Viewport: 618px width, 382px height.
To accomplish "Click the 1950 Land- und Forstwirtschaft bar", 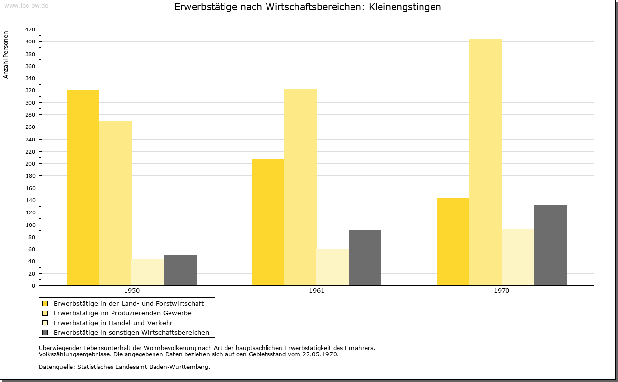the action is tap(83, 188).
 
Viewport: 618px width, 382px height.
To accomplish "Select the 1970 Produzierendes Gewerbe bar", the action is tap(486, 162).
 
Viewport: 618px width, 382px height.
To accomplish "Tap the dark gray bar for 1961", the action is tap(365, 258).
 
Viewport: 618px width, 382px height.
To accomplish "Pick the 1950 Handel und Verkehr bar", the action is tap(148, 272).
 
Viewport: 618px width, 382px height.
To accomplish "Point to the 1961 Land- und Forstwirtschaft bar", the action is tap(267, 222).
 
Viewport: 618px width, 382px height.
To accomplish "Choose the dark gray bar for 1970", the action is tap(550, 245).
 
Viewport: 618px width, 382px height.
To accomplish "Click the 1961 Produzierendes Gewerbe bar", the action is tap(300, 187).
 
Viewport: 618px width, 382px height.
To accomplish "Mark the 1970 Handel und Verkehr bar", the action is tap(518, 257).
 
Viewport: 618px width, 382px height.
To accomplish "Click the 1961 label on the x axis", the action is tap(317, 291).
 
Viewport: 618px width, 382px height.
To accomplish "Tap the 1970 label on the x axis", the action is tap(502, 291).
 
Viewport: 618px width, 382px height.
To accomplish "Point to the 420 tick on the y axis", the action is tap(30, 29).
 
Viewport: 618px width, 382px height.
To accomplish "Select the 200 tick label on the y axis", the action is tap(30, 164).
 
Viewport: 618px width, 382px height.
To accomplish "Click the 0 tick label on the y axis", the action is tap(33, 286).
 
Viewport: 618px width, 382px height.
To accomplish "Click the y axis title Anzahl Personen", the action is tap(6, 55).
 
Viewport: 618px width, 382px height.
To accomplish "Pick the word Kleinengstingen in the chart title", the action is tap(405, 7).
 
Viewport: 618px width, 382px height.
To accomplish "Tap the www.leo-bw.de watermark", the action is tap(26, 5).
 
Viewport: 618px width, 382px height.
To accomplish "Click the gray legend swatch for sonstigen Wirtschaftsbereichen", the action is tap(45, 333).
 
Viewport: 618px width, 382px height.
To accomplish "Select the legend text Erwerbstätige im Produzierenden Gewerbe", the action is tap(123, 313).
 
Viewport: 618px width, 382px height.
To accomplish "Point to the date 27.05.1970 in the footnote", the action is tap(320, 354).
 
